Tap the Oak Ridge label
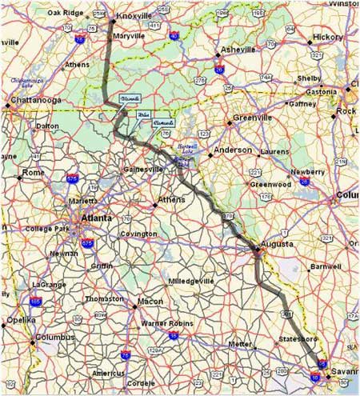[65, 13]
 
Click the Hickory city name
[328, 37]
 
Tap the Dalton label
[47, 126]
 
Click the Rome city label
[34, 172]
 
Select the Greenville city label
[253, 118]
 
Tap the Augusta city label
[277, 242]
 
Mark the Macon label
[150, 302]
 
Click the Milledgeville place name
[191, 282]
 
